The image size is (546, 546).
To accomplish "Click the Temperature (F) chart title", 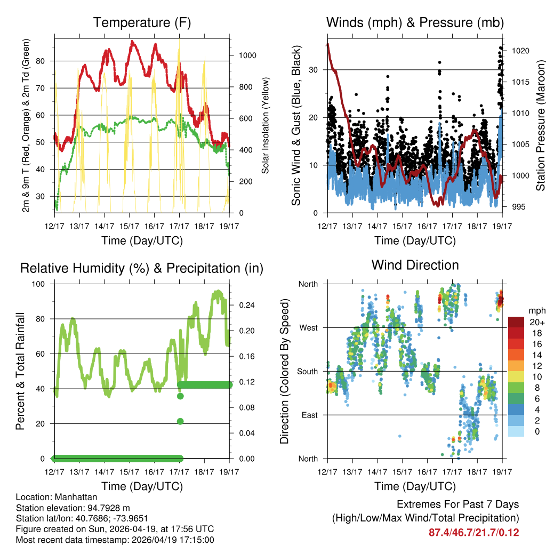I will [142, 22].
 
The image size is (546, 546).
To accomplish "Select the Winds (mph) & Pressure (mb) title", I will [415, 22].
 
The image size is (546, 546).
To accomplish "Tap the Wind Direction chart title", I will [415, 265].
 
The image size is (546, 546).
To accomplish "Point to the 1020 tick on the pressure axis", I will [520, 51].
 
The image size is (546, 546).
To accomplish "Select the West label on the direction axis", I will [308, 327].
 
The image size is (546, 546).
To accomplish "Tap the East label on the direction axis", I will [309, 415].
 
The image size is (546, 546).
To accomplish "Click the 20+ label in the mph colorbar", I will [536, 323].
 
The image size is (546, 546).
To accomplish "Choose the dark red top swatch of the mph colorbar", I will [516, 322].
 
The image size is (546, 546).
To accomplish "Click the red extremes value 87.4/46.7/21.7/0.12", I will [473, 533].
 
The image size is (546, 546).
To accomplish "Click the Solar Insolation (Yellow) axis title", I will [265, 125].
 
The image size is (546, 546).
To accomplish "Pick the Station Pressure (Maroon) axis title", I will [540, 125].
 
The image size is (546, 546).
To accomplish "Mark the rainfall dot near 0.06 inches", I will [180, 421].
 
